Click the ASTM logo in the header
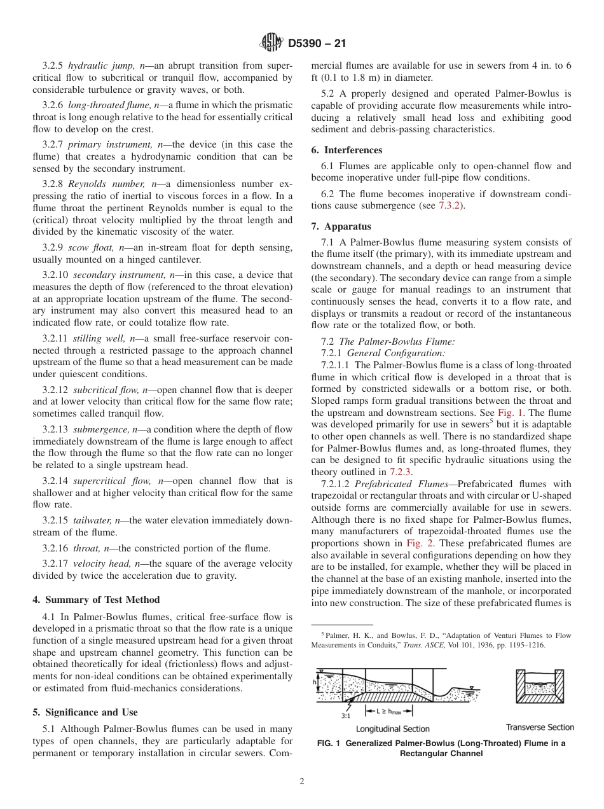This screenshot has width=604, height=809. [271, 44]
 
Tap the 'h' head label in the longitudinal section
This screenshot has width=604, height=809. [315, 682]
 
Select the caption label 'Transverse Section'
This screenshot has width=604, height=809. [540, 727]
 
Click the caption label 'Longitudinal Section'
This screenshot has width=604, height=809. [392, 729]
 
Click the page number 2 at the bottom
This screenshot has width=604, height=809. [302, 782]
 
